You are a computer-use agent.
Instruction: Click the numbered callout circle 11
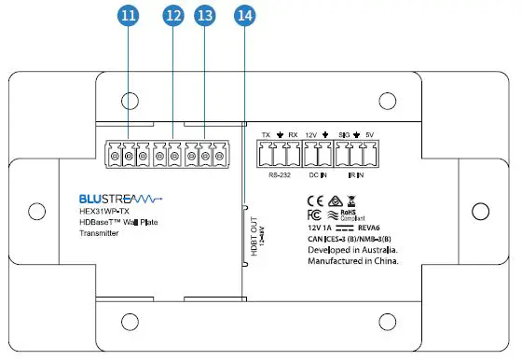[x=128, y=17]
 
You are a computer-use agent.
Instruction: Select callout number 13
[x=206, y=17]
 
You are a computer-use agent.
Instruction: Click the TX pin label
[x=266, y=134]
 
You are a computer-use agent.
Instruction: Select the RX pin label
[x=293, y=134]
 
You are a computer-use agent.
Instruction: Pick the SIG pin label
[x=344, y=134]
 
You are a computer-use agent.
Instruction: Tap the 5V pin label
[x=371, y=134]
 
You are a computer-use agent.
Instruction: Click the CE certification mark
[x=315, y=201]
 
